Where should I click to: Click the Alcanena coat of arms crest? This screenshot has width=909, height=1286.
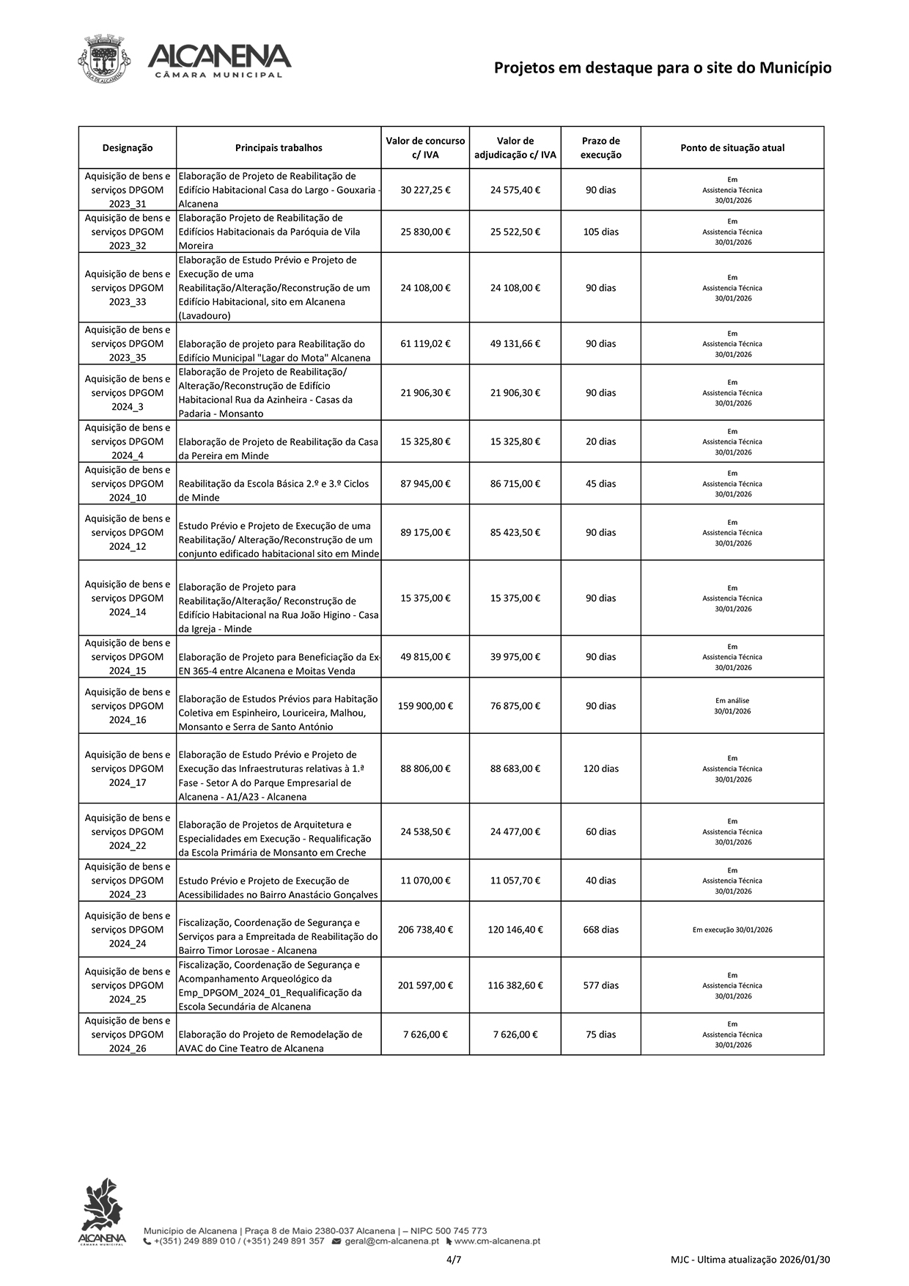103,59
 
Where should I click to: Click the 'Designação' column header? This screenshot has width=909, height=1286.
128,148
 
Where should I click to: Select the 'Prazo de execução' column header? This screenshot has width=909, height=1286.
600,148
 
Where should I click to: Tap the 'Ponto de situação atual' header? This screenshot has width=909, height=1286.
732,148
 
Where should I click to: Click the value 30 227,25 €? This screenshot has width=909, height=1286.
425,190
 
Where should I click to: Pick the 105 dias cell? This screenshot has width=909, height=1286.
600,232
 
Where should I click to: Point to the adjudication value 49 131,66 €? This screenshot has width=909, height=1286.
515,344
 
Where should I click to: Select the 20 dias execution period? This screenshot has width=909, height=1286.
600,441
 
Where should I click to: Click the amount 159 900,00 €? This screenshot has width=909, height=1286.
425,706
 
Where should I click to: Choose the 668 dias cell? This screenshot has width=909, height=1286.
600,930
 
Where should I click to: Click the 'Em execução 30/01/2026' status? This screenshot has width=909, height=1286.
732,930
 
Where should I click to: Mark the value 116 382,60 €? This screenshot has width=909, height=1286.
515,985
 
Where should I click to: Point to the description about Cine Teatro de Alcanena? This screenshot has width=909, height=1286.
270,1041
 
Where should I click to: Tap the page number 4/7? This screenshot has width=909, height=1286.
454,1260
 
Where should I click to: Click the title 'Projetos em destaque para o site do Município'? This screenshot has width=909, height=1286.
662,68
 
